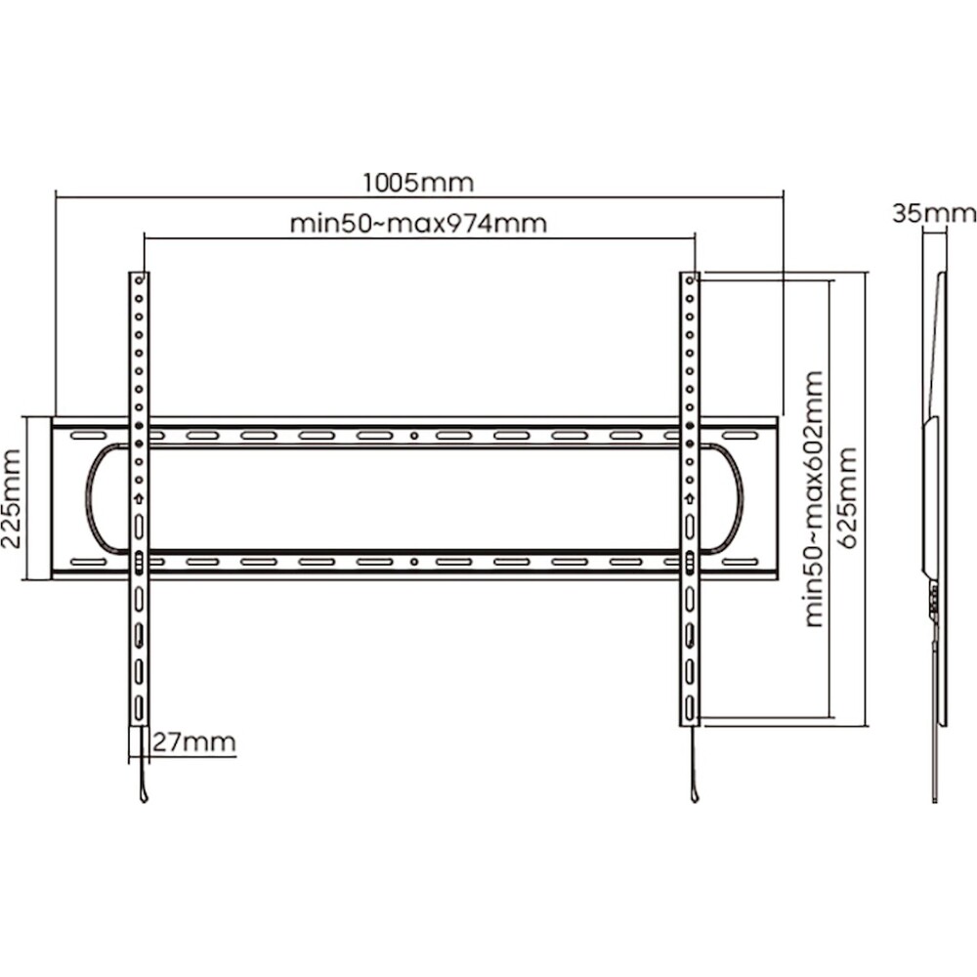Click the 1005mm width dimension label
(x=418, y=183)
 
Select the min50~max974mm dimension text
(x=419, y=223)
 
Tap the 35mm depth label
(x=934, y=214)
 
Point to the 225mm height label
(x=12, y=498)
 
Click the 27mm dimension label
(x=194, y=743)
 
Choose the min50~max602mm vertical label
(x=815, y=498)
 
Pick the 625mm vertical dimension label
(x=849, y=498)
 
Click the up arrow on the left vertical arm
(x=139, y=498)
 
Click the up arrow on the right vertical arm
(x=690, y=498)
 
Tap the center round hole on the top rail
(x=414, y=436)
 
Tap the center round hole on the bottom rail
(x=414, y=562)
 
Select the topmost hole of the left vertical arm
(x=139, y=280)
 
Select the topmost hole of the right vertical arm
(x=690, y=280)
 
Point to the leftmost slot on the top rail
(x=89, y=436)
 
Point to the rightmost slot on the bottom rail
(x=740, y=562)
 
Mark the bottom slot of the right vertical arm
(x=690, y=707)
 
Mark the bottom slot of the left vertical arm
(x=139, y=707)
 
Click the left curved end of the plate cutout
(x=88, y=498)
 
